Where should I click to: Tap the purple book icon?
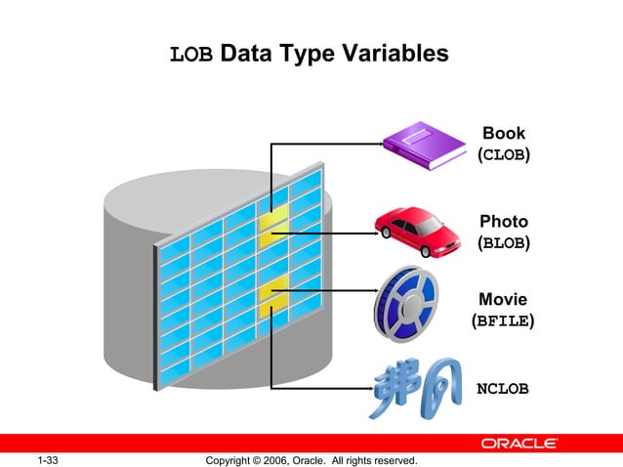point(423,144)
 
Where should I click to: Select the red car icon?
point(418,231)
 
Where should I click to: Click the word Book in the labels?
point(503,134)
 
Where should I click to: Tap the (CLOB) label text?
point(503,155)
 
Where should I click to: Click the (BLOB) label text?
point(504,242)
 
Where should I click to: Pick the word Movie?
point(503,298)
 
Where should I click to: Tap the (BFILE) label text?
point(503,319)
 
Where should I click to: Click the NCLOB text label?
point(502,389)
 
